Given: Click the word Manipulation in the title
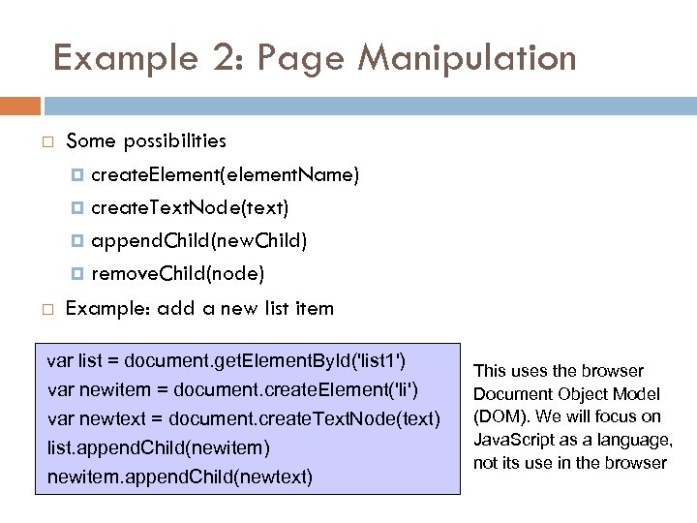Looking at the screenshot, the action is coord(468,58).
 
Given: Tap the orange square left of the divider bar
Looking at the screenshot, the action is coord(19,106).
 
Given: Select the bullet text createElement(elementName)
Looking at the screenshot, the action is coord(225,175).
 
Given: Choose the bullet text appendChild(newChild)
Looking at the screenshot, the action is coord(199,240).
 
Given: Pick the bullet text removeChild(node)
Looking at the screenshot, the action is coord(177,273).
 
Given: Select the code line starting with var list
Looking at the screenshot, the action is coord(227,361).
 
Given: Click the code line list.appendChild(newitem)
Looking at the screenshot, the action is coord(159,448).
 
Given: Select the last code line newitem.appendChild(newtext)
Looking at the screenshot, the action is coord(180,477).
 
